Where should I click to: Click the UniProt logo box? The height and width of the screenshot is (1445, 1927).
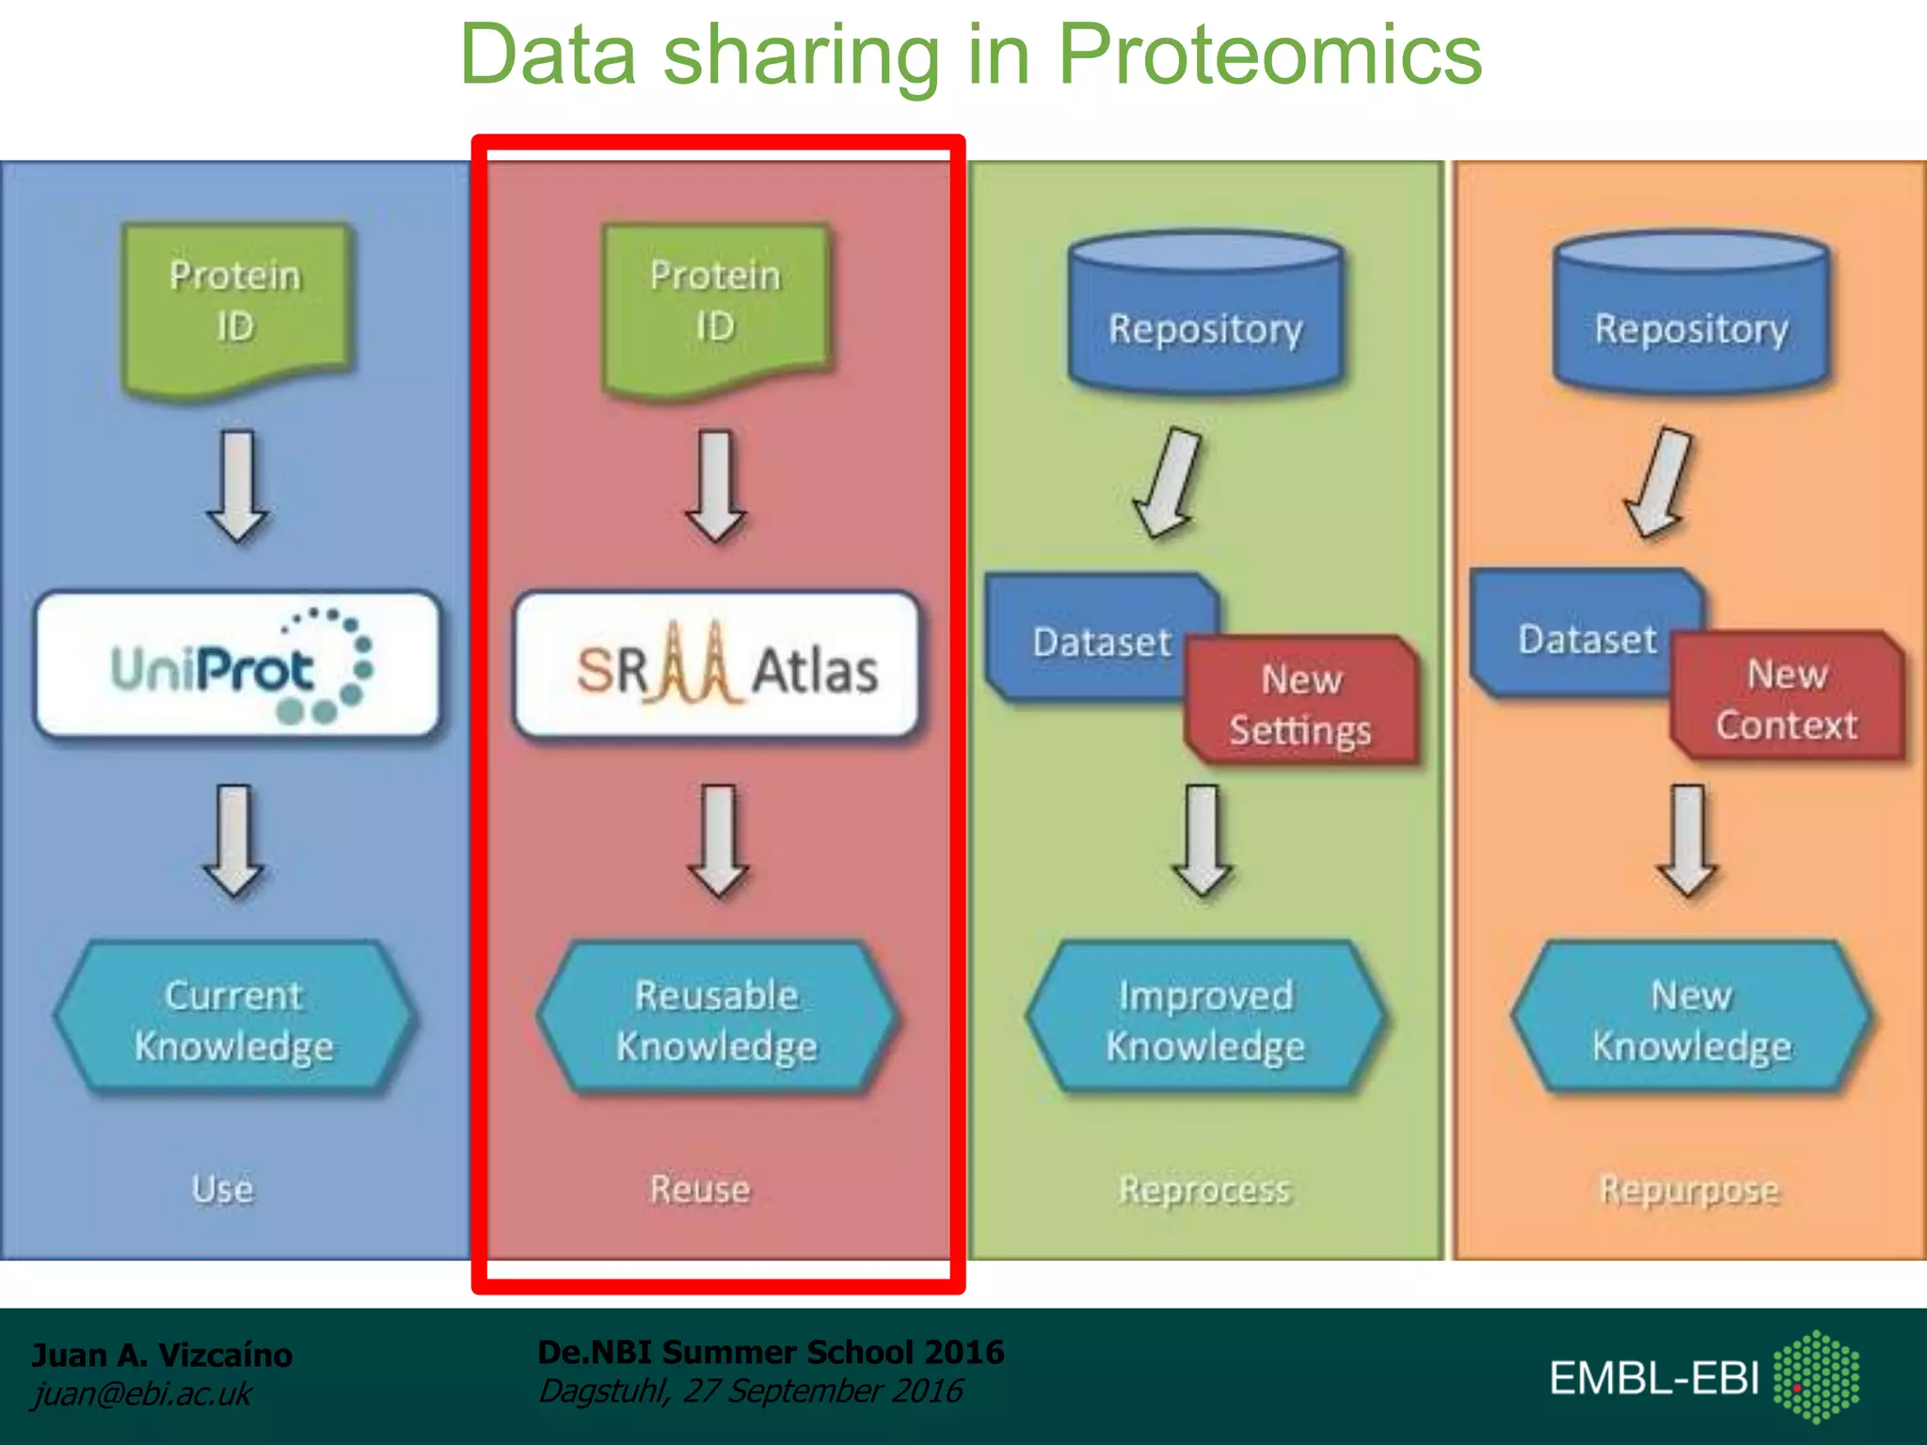(237, 664)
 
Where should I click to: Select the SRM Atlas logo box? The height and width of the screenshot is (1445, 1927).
(717, 664)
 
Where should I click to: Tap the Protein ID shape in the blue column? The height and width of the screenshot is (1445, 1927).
(235, 306)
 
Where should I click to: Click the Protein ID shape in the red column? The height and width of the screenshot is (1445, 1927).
(715, 306)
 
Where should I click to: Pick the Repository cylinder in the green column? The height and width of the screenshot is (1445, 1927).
(1205, 315)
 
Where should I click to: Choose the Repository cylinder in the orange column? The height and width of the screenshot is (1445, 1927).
(1691, 315)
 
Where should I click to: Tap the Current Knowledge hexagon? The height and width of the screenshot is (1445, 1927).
(233, 1020)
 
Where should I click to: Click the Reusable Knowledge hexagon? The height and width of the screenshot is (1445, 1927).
(717, 1020)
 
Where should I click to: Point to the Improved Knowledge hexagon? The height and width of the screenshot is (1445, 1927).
(1205, 1020)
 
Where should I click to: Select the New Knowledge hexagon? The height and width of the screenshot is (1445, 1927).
(1691, 1020)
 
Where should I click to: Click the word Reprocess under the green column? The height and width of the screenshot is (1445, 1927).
(1204, 1190)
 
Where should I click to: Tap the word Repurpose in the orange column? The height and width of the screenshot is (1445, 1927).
(1690, 1190)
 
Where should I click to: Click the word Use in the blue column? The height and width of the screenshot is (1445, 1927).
(223, 1189)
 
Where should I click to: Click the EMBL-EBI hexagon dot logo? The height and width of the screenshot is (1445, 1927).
(1816, 1376)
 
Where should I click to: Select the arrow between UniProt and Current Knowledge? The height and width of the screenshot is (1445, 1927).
(234, 840)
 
